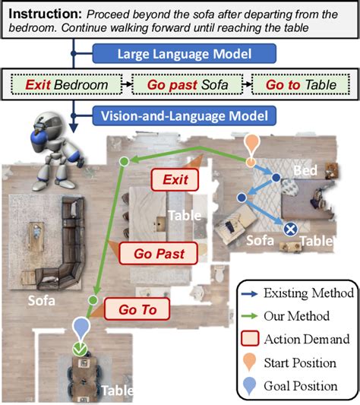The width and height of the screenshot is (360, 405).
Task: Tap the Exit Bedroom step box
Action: (x=65, y=85)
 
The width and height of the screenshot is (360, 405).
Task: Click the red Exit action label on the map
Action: (x=174, y=180)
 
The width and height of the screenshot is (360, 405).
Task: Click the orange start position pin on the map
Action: (x=251, y=146)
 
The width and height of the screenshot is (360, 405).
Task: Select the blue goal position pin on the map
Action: (x=81, y=328)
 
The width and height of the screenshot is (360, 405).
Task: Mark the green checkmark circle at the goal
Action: (x=79, y=350)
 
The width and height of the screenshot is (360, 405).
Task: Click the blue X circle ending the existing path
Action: (x=289, y=229)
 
